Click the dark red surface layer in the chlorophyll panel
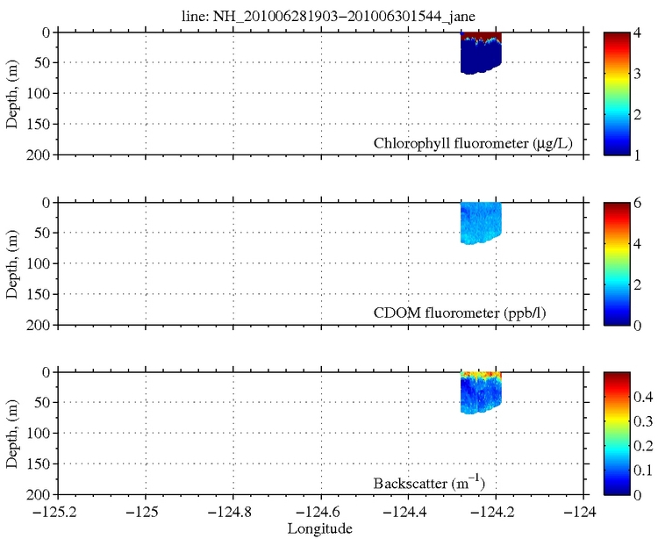[x=481, y=36]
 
